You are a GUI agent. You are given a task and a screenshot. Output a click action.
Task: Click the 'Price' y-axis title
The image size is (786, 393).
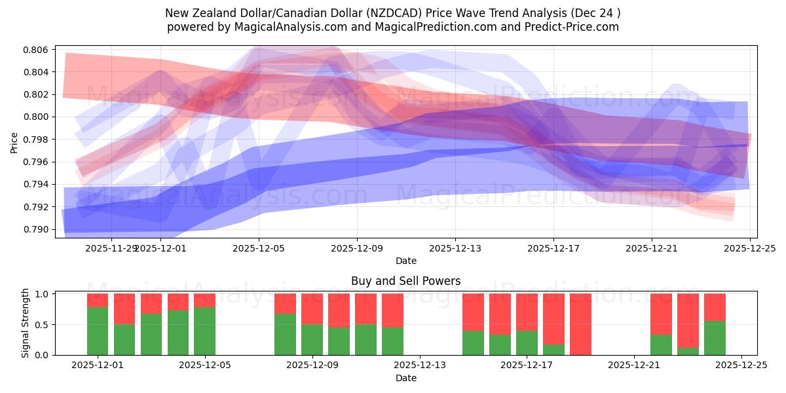pyautogui.click(x=14, y=141)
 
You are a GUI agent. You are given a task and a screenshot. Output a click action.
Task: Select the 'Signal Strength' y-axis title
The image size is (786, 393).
pyautogui.click(x=26, y=324)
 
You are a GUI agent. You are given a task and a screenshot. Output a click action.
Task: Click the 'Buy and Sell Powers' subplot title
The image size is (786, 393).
pyautogui.click(x=405, y=281)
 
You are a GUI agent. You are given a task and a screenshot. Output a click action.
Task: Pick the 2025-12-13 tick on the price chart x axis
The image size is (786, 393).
pyautogui.click(x=455, y=248)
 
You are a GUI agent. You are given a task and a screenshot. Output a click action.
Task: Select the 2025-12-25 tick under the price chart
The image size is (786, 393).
pyautogui.click(x=750, y=248)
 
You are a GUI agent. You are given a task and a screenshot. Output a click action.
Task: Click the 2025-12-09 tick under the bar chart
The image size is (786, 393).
pyautogui.click(x=312, y=365)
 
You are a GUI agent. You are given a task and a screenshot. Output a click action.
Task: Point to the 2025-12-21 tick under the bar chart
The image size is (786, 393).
pyautogui.click(x=634, y=365)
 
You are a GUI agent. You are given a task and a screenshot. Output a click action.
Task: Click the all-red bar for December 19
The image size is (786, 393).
pyautogui.click(x=580, y=324)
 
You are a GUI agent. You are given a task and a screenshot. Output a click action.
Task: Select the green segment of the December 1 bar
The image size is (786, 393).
pyautogui.click(x=98, y=331)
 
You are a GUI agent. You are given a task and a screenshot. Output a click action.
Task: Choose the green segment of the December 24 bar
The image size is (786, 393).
pyautogui.click(x=715, y=338)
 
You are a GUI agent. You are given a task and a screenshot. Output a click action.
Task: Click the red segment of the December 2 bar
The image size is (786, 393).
pyautogui.click(x=124, y=309)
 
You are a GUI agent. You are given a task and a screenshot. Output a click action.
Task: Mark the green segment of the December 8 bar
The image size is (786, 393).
pyautogui.click(x=285, y=334)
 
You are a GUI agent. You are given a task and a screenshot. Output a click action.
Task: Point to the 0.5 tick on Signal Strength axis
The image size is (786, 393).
pyautogui.click(x=44, y=325)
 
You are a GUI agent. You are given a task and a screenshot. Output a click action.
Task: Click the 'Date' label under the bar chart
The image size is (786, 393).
pyautogui.click(x=405, y=378)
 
